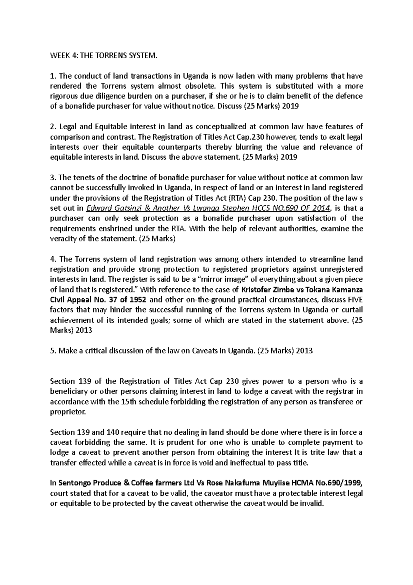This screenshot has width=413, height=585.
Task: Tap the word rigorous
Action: [64, 96]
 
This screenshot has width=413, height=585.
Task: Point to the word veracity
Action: [64, 239]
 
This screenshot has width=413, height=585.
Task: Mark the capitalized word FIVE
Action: [355, 299]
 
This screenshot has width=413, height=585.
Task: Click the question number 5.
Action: [52, 351]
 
